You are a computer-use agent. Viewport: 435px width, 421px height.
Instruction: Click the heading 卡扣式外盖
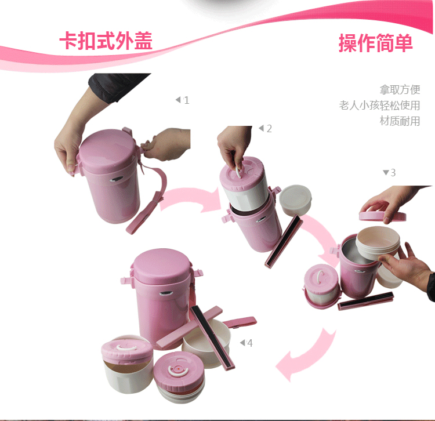(x=106, y=41)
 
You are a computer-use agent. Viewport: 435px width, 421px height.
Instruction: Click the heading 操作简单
(x=376, y=43)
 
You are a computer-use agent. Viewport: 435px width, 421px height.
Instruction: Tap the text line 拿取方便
(x=400, y=89)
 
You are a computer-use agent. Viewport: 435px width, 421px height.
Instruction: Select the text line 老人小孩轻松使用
(x=379, y=106)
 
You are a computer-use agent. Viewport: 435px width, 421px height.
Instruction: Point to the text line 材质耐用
(x=400, y=121)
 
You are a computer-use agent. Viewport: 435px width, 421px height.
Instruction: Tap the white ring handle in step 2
(x=238, y=172)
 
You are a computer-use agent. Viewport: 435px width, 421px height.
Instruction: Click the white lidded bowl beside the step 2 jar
(x=295, y=199)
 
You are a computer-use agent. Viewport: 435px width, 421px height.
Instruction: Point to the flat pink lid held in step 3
(x=382, y=215)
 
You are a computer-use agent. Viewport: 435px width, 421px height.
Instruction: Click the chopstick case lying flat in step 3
(x=365, y=300)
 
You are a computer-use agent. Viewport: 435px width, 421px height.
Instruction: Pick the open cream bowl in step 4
(x=206, y=343)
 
